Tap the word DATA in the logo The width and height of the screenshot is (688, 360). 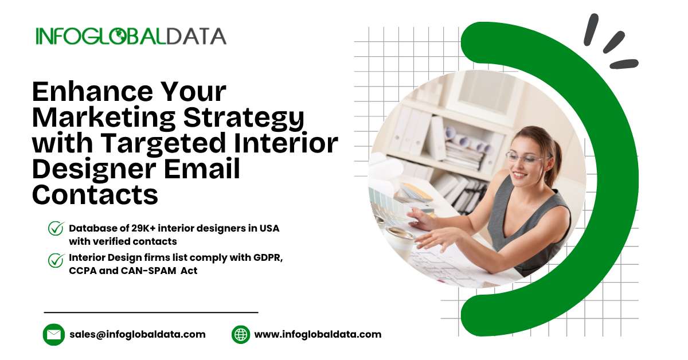[x=197, y=36]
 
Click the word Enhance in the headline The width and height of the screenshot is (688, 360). [x=93, y=92]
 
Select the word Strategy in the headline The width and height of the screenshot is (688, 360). [x=244, y=119]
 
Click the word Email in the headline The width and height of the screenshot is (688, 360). [x=202, y=169]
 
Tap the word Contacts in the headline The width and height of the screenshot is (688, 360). [x=95, y=194]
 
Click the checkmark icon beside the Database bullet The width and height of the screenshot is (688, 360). [x=56, y=229]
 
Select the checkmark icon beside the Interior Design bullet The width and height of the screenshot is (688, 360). [x=56, y=260]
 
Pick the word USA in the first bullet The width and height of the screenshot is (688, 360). [x=269, y=228]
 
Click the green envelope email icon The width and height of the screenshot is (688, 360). [x=54, y=335]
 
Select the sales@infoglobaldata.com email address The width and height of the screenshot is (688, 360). [x=138, y=334]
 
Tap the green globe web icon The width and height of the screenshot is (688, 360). [x=241, y=335]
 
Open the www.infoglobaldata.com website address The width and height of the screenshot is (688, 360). [x=318, y=334]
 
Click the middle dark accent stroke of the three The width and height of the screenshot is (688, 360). [x=613, y=42]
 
